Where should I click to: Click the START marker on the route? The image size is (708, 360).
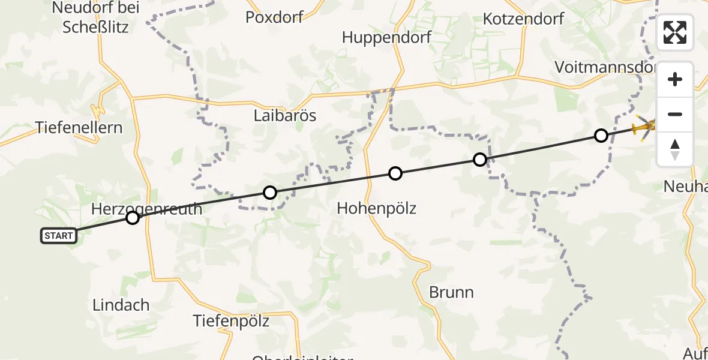coord(59,236)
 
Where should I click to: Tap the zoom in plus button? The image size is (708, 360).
coord(675,80)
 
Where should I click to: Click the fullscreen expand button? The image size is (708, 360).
coord(675,33)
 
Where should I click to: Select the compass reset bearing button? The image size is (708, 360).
coord(675,149)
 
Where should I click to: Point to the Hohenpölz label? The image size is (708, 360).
coord(376,208)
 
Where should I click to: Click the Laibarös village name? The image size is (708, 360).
coord(284,115)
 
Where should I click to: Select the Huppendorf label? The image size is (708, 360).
coord(387,37)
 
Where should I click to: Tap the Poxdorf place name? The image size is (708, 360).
coord(275,17)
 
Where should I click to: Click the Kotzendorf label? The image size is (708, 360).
coord(524,19)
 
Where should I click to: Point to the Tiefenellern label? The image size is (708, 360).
coord(79,127)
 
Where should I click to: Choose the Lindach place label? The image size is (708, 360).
coord(121,304)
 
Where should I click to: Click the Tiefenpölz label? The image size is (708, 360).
coord(231,321)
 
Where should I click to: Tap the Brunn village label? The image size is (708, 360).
coord(451,292)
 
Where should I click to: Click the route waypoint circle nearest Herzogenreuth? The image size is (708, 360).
coord(133,218)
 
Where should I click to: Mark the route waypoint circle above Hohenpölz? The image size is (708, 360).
coord(395,173)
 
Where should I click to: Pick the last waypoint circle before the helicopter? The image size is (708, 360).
coord(601,136)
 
